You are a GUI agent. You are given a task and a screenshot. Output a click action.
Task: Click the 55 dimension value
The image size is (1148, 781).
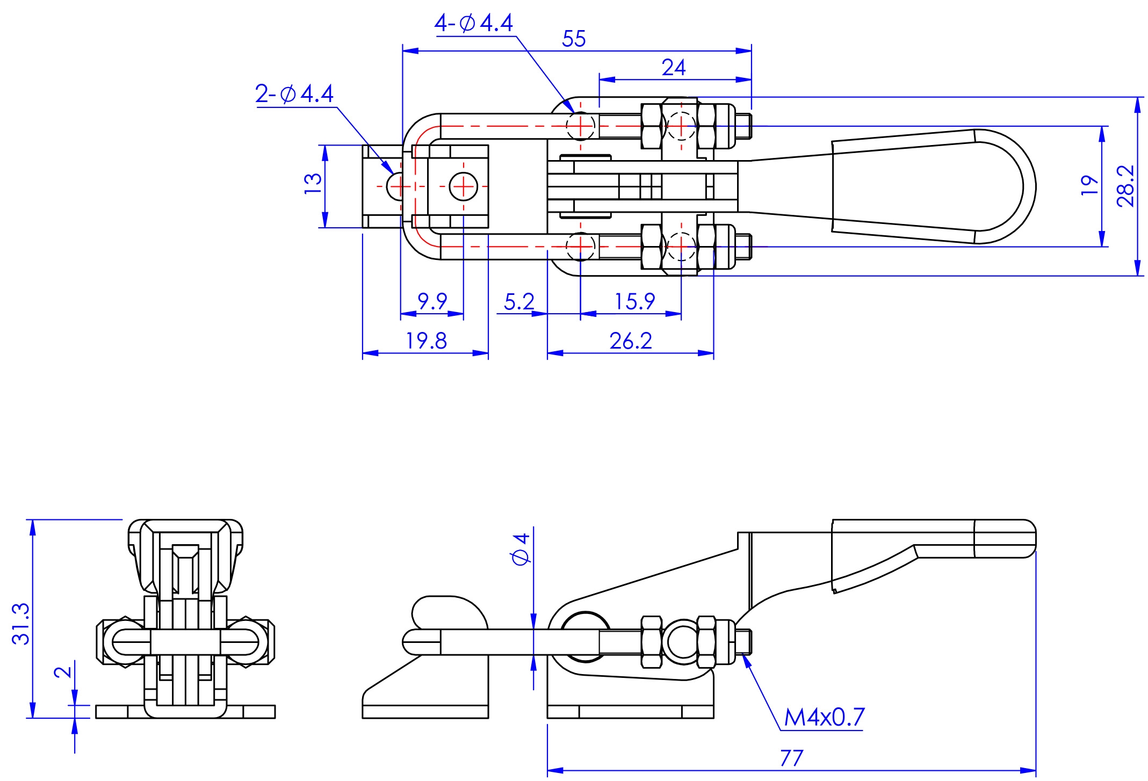click(574, 39)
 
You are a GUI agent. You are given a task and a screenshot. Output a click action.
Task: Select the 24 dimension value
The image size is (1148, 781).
click(674, 68)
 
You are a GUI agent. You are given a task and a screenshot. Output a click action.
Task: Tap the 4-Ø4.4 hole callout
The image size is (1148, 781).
click(474, 23)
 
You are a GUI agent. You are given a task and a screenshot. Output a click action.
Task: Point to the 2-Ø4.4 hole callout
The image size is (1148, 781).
click(294, 94)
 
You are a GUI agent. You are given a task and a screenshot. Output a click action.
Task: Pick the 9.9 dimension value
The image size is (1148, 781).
click(432, 301)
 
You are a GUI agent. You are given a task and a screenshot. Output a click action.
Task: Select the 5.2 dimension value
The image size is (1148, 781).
click(519, 302)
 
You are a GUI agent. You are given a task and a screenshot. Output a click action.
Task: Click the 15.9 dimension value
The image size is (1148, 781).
click(634, 302)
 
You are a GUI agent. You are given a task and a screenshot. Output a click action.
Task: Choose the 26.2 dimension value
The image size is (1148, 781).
click(631, 341)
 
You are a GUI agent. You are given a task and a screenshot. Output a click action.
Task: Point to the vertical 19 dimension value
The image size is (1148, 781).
click(1089, 186)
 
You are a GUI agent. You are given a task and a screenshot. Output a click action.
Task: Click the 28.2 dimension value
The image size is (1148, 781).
click(1125, 186)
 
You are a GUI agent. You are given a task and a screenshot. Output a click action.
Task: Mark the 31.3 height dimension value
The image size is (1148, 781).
click(21, 623)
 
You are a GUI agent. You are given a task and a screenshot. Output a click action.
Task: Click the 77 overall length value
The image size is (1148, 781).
click(791, 758)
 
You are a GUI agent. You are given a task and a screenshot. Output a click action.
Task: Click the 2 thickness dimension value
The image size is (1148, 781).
click(63, 672)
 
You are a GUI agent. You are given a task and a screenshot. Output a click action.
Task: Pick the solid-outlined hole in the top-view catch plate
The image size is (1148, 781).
click(463, 186)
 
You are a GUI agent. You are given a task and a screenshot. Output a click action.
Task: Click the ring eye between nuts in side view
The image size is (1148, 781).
click(681, 640)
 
